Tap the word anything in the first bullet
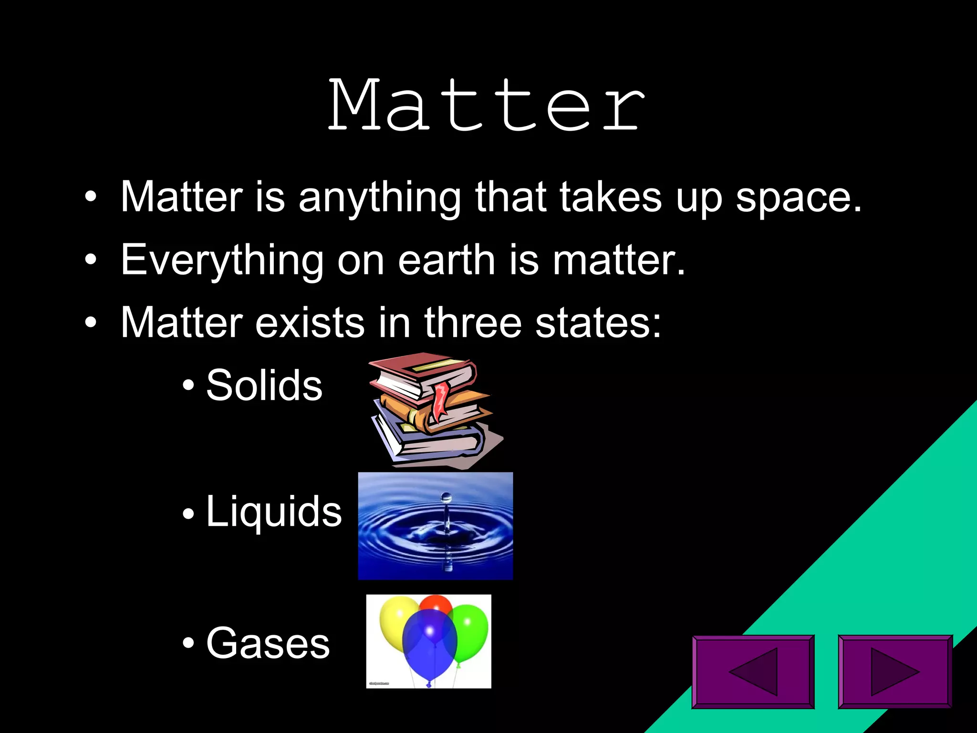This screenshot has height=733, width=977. (x=379, y=197)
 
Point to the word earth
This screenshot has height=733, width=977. (x=447, y=260)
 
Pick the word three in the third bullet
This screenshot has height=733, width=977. (x=473, y=323)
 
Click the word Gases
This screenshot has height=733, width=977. (x=268, y=643)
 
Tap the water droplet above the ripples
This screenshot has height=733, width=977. (x=446, y=498)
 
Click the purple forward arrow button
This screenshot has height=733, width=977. (x=895, y=671)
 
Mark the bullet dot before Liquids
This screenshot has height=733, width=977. (x=188, y=514)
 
